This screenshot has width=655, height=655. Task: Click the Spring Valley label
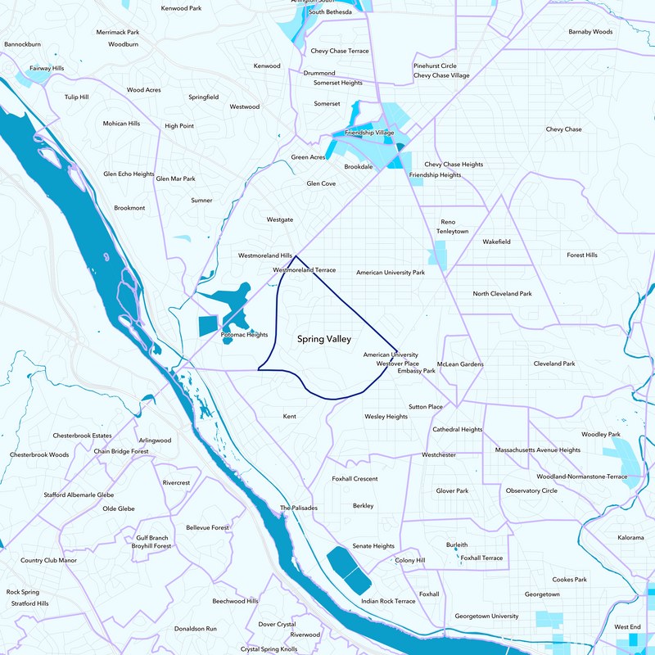(323, 338)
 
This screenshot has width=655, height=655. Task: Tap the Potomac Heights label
(244, 335)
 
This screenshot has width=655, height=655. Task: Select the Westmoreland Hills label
(264, 255)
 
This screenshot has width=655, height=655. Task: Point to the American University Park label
(391, 272)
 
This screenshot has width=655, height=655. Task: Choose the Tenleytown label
(452, 232)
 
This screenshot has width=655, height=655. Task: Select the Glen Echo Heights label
(129, 174)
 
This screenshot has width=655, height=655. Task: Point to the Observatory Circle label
(531, 490)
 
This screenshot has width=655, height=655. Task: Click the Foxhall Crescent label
(355, 478)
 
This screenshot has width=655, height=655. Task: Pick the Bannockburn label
(22, 43)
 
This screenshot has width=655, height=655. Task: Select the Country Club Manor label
(48, 560)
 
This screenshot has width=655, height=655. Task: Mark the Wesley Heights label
(386, 417)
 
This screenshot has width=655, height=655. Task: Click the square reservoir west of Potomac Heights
(210, 325)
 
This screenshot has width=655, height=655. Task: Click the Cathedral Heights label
(457, 429)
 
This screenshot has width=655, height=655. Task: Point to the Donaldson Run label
(195, 628)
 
